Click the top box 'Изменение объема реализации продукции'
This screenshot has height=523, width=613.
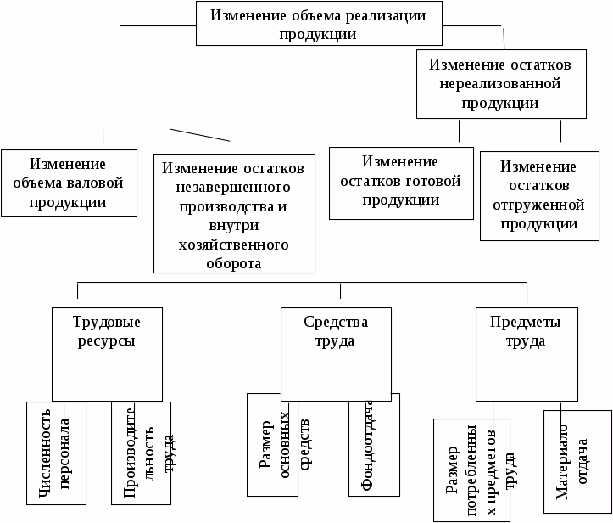click(319, 24)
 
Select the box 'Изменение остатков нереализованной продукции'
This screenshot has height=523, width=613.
click(500, 84)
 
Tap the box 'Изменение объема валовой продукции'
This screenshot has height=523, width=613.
click(68, 183)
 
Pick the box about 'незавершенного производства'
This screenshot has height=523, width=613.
click(233, 212)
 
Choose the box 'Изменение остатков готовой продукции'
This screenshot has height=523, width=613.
click(400, 182)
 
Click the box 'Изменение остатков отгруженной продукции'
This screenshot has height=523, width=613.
click(538, 195)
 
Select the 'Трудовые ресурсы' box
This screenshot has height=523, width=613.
click(107, 352)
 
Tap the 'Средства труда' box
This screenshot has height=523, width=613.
click(336, 352)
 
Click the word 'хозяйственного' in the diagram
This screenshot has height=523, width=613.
click(233, 245)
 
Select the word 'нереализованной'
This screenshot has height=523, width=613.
click(500, 84)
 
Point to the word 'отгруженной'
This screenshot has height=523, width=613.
click(538, 205)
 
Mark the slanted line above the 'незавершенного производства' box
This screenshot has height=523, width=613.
click(200, 135)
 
